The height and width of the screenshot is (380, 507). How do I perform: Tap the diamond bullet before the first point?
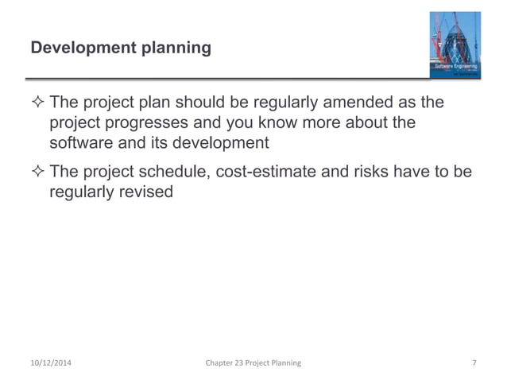[x=37, y=105]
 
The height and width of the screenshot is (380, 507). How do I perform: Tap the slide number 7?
[x=474, y=363]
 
